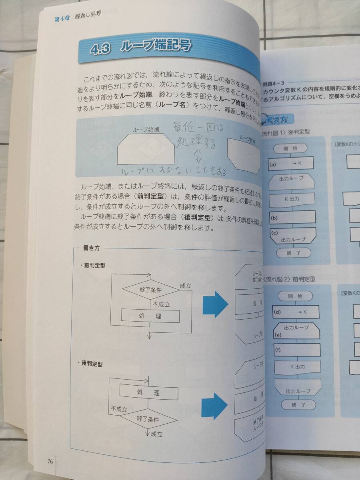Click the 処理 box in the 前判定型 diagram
pos(150,316)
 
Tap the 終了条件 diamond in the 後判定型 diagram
pos(148,420)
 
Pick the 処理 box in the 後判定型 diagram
pos(148,393)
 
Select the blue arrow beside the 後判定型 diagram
pos(215,404)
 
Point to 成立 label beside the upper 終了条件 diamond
pos(186,286)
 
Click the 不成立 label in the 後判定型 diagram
pos(119,409)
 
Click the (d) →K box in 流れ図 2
pos(296,312)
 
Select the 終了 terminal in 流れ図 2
pos(298,405)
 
